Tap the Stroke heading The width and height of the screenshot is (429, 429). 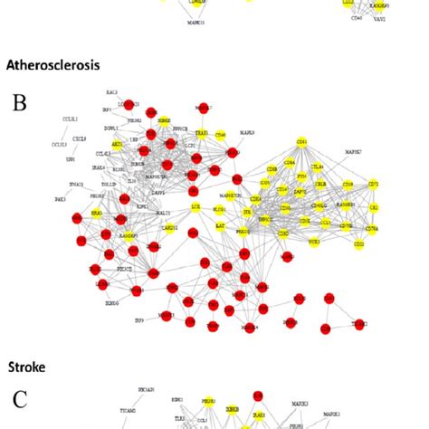27,367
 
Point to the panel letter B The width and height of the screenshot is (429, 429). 19,101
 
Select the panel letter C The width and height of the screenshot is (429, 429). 20,398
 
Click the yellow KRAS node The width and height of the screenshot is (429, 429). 97,213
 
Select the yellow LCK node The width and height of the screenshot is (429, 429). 195,208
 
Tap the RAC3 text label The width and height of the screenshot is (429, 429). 111,91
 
